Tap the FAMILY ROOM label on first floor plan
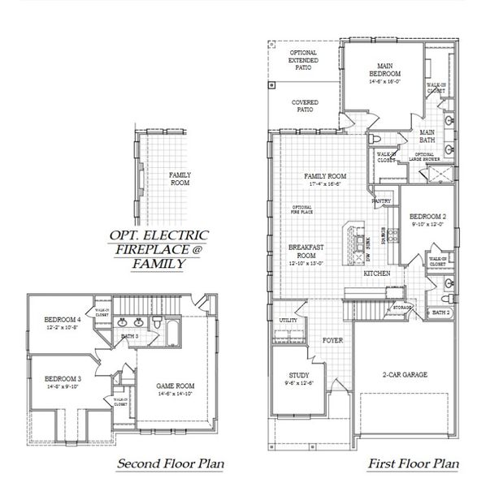coord(325,176)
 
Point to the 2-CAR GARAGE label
coord(405,374)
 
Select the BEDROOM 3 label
coord(62,379)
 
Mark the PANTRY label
coord(381,200)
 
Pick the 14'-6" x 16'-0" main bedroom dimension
coord(384,81)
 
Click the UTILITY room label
coord(288,321)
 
